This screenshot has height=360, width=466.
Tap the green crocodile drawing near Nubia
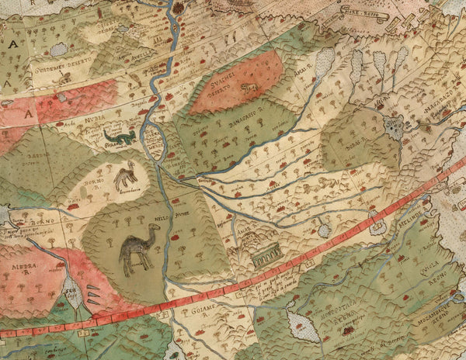tap(120, 137)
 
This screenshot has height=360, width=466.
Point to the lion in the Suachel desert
tap(250, 88)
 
